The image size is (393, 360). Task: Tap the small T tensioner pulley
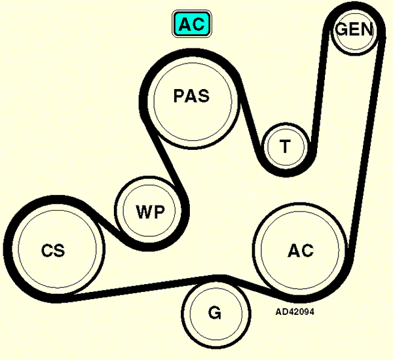coord(286,147)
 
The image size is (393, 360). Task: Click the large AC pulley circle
coord(300,250)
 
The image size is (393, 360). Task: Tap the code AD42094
coord(295,312)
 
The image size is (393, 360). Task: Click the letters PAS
coord(191,96)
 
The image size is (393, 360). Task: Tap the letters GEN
coord(354,29)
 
